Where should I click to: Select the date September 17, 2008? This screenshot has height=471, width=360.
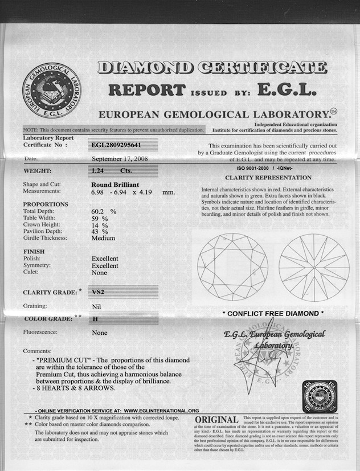pos(120,159)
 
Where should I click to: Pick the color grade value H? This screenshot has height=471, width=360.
pos(95,320)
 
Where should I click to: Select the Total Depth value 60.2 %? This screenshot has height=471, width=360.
pos(103,211)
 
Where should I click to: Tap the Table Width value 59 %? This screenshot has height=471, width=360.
pos(100,218)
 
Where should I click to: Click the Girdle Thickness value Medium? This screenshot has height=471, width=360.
pos(103,238)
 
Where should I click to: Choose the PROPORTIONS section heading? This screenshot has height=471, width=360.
pos(46,204)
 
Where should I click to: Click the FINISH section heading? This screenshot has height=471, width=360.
pos(34,251)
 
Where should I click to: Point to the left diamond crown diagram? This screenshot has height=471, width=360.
pos(232,267)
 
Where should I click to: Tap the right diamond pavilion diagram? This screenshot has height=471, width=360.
pos(314,267)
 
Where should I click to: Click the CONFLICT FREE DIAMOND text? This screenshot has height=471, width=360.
pos(273,313)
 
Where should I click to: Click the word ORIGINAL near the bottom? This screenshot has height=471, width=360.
pos(216,420)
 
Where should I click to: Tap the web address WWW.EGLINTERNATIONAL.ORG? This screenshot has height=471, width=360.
pos(161,410)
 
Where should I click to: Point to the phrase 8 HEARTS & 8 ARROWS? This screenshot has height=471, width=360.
pos(76,388)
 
